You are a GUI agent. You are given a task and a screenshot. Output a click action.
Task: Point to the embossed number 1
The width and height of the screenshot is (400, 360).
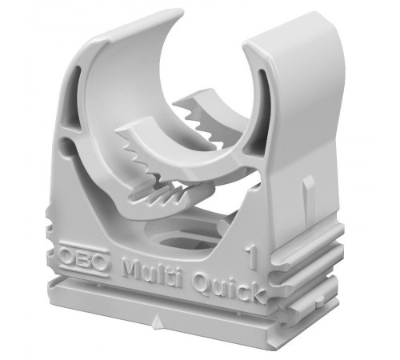(252, 258)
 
